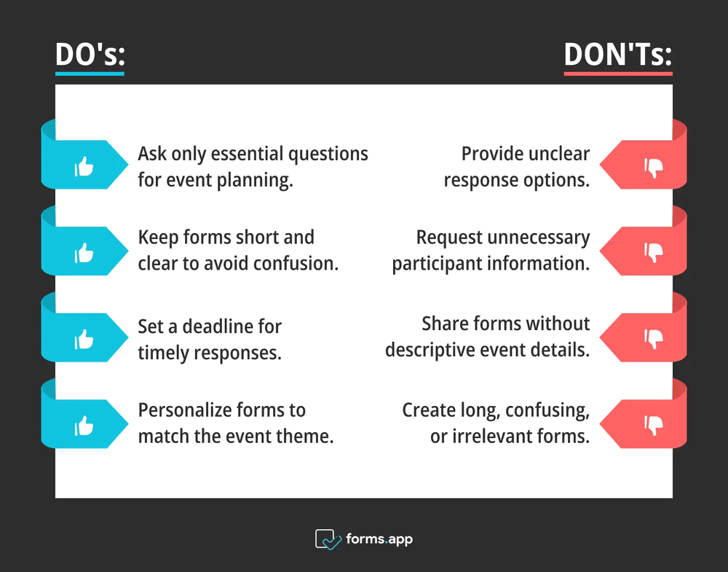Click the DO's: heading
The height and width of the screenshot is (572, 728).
click(x=90, y=55)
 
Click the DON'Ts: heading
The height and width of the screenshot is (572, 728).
click(x=618, y=55)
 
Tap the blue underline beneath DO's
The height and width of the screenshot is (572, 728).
click(x=90, y=74)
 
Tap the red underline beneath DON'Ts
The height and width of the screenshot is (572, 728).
click(x=618, y=74)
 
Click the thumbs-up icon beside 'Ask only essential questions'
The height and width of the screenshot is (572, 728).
click(x=84, y=166)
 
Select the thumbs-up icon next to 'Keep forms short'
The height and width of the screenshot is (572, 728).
click(x=84, y=253)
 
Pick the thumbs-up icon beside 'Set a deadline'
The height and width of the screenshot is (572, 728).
click(x=84, y=340)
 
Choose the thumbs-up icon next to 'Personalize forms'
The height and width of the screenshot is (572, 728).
click(x=84, y=426)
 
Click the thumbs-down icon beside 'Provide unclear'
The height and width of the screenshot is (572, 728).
click(x=653, y=168)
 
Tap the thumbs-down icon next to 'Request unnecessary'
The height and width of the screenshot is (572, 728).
click(x=653, y=253)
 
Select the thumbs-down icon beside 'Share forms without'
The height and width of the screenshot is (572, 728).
click(x=653, y=340)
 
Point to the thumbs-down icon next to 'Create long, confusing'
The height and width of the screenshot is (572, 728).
click(x=653, y=426)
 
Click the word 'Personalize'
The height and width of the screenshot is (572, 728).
click(x=185, y=410)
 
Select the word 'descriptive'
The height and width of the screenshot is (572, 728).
click(x=430, y=350)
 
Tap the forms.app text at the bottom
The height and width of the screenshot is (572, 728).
click(x=379, y=539)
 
